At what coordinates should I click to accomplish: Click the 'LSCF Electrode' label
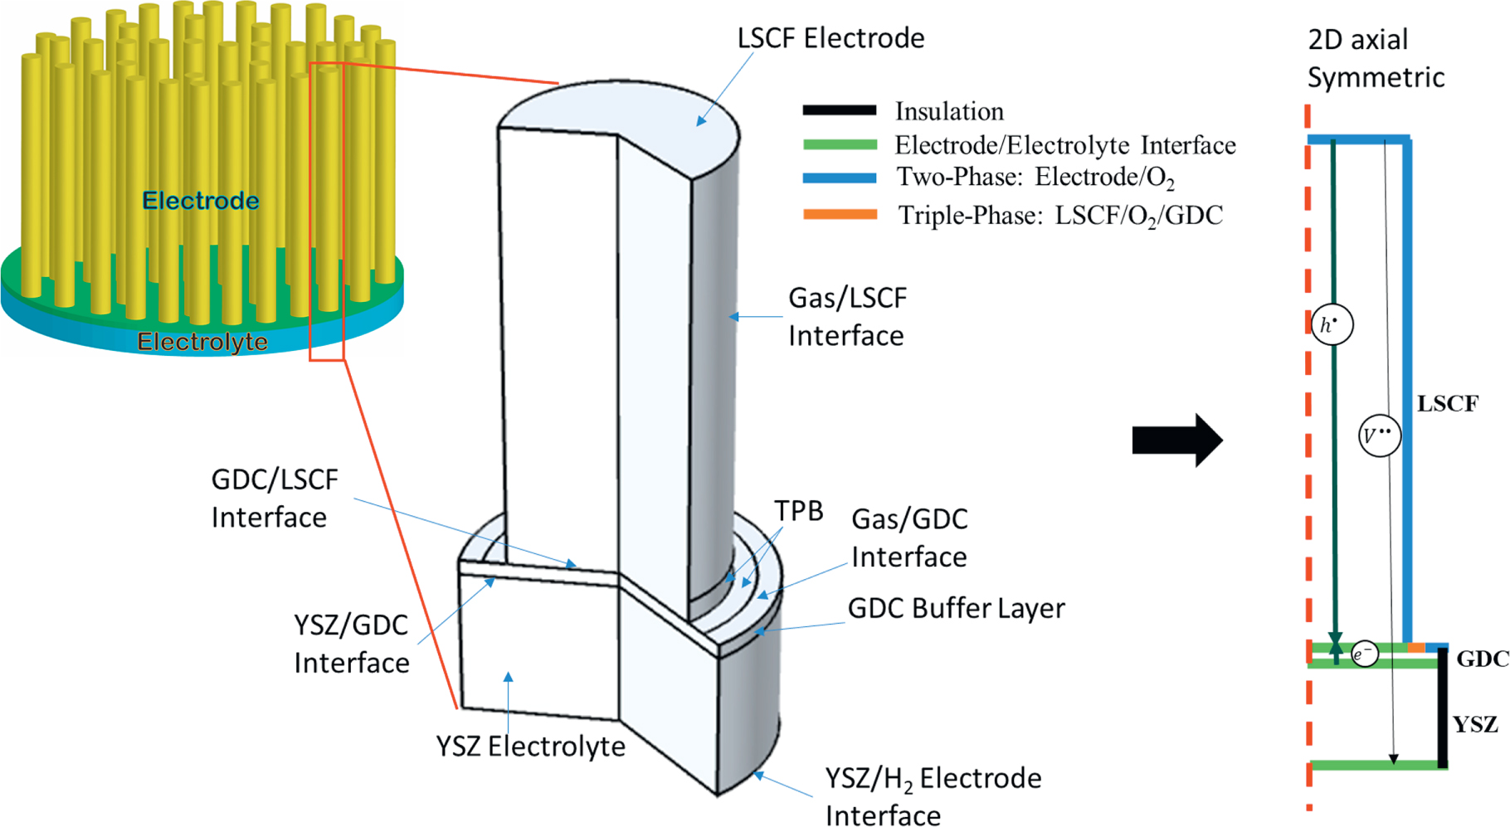pos(830,38)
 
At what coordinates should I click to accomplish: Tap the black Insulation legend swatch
pos(839,110)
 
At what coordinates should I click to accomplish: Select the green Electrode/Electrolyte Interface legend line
pos(839,145)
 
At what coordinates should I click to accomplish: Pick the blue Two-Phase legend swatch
pos(839,178)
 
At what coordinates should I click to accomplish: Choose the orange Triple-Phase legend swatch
pos(839,215)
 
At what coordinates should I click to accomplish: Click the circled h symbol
pos(1332,324)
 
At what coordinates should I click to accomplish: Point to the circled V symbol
pos(1380,435)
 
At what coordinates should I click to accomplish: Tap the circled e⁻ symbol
pos(1364,654)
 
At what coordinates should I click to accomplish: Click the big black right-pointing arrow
pos(1176,440)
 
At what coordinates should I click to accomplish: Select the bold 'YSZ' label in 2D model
pos(1475,725)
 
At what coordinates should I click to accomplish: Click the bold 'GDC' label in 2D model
pos(1482,659)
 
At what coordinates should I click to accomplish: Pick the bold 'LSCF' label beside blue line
pos(1447,404)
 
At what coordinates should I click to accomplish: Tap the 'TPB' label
pos(798,511)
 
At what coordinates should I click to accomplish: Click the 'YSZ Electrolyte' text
pos(531,747)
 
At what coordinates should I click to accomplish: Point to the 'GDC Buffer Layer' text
pos(956,608)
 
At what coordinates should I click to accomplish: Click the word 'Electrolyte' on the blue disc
pos(202,342)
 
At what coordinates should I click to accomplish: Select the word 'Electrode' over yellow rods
pos(200,201)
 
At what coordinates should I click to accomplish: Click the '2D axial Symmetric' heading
pos(1375,58)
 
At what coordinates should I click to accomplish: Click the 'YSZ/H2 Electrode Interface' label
pos(933,796)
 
